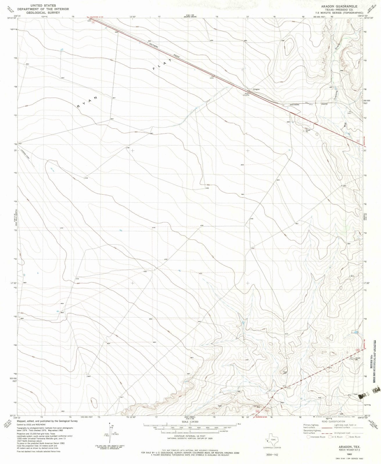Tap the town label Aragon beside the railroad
click(x=256, y=89)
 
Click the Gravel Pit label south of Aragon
click(x=308, y=131)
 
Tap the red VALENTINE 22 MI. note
click(x=97, y=18)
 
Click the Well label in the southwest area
click(x=62, y=313)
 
